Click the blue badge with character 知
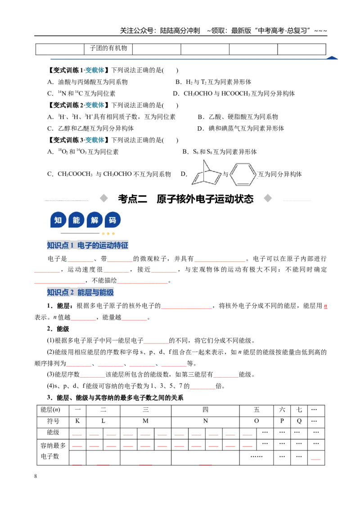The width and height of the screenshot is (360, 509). click(x=58, y=220)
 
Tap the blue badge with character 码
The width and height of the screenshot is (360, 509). click(x=112, y=220)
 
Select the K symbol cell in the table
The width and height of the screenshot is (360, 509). click(x=78, y=421)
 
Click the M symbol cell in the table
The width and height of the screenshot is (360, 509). click(x=145, y=421)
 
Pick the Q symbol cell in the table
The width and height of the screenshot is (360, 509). click(x=299, y=421)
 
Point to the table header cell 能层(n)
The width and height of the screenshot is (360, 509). click(x=53, y=410)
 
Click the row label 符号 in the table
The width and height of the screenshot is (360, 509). click(x=53, y=421)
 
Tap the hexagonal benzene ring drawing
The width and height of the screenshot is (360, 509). click(x=243, y=174)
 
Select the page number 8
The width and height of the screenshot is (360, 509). click(x=36, y=476)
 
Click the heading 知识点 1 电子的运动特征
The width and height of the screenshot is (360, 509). click(x=87, y=246)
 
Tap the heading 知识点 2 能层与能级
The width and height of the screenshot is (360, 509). click(x=80, y=292)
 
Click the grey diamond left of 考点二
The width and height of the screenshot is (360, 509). click(x=103, y=198)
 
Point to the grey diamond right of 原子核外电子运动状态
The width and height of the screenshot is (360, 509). click(x=268, y=198)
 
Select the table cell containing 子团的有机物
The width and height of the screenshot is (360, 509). click(x=108, y=49)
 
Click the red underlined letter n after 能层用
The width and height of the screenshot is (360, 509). click(x=325, y=306)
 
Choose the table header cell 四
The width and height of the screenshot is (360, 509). click(x=205, y=410)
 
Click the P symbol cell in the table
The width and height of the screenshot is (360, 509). click(x=282, y=421)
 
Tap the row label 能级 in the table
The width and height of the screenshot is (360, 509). click(x=53, y=433)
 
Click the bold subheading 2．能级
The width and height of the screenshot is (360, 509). click(x=58, y=329)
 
